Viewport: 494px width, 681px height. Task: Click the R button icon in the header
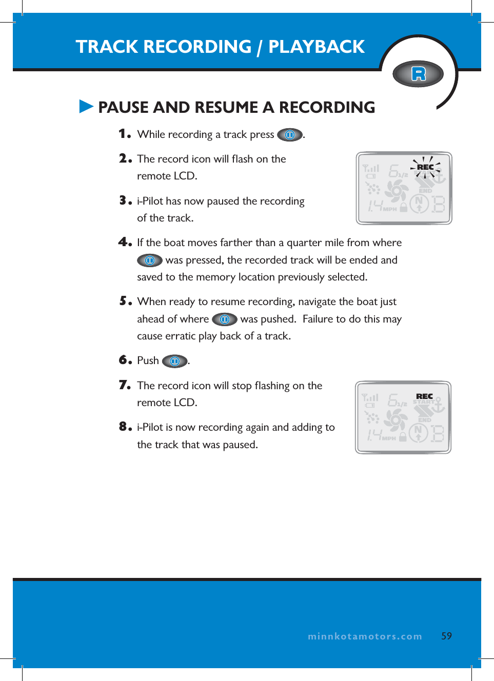[x=418, y=74]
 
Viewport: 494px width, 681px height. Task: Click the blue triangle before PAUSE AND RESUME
[x=86, y=107]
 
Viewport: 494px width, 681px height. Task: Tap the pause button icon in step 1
[x=290, y=135]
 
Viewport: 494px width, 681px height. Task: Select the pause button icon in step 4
[x=150, y=261]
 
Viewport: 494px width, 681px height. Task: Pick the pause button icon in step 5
[x=224, y=319]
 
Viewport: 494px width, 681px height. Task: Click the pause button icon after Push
[x=174, y=362]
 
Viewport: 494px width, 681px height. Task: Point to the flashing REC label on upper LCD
[x=425, y=167]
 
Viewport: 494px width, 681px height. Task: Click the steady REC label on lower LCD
[x=424, y=396]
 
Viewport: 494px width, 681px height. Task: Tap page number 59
[x=446, y=636]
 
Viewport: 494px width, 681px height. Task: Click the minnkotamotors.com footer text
[x=365, y=636]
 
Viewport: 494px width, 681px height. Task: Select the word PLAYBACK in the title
[x=317, y=47]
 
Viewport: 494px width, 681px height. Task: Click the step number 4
[x=125, y=242]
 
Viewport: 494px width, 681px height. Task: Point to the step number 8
[x=125, y=426]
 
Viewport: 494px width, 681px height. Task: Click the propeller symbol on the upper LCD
[x=396, y=191]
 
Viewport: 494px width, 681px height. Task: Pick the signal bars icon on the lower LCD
[x=370, y=397]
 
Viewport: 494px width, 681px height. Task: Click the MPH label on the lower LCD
[x=389, y=438]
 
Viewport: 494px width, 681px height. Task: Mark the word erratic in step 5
[x=180, y=336]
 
